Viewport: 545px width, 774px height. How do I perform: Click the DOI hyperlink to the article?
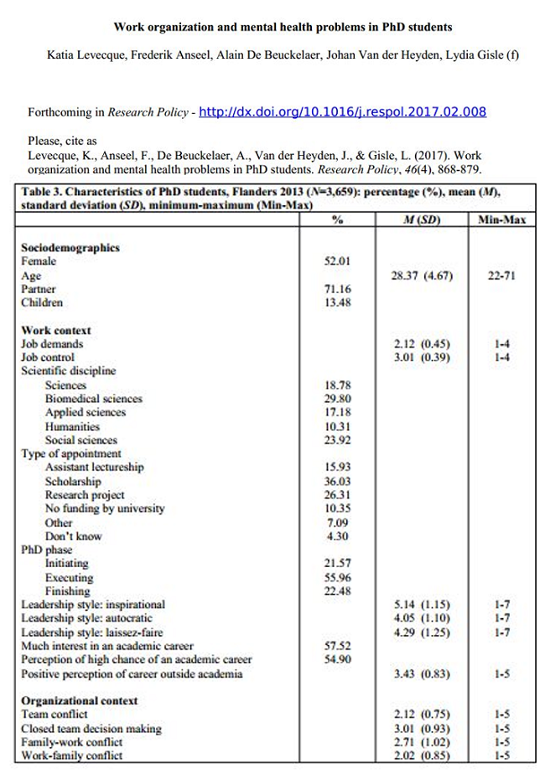(342, 112)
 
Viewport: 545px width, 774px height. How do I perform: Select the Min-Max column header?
(501, 220)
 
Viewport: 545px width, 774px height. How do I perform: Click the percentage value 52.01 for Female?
(337, 261)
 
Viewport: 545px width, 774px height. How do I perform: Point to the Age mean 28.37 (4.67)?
(422, 276)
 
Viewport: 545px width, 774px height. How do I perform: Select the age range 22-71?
(501, 276)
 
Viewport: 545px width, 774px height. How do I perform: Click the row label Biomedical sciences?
(93, 399)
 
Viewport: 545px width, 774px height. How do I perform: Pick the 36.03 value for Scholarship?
(337, 481)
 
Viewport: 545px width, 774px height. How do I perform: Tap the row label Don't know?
(73, 536)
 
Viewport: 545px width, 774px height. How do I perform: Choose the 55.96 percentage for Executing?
(337, 577)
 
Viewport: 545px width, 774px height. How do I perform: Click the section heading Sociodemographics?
(70, 248)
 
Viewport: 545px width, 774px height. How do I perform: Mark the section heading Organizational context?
(80, 700)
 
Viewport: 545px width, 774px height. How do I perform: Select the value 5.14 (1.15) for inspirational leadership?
(422, 604)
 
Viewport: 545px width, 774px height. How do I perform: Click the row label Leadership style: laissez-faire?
(92, 632)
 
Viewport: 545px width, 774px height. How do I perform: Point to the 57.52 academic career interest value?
(337, 646)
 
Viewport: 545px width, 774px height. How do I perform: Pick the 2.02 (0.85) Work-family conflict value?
(422, 756)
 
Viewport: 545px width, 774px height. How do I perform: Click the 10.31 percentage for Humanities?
(337, 426)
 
